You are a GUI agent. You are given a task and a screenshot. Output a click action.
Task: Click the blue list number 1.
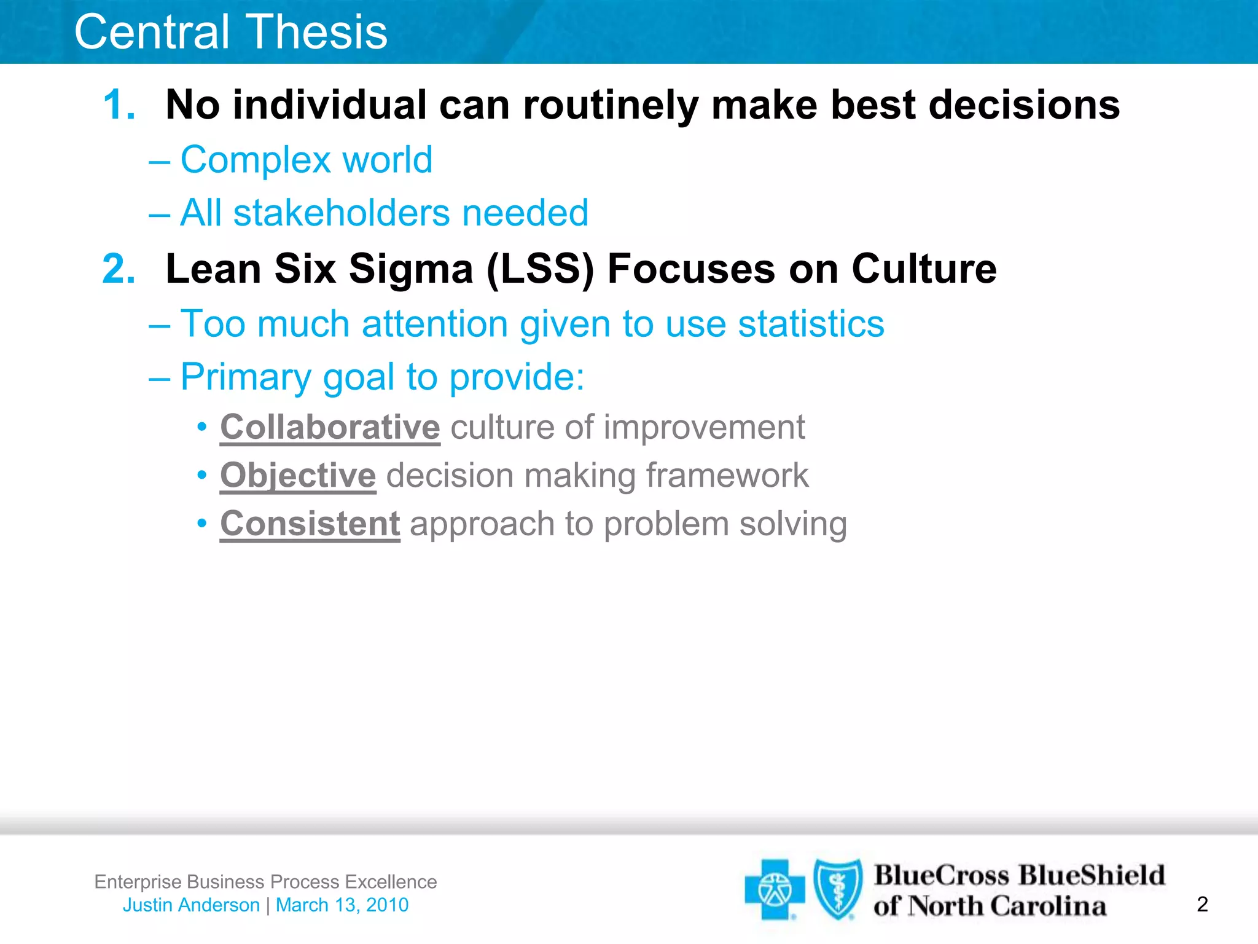[119, 104]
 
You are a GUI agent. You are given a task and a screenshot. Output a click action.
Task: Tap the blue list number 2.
[119, 269]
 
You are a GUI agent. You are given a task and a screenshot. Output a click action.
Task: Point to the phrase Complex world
[306, 160]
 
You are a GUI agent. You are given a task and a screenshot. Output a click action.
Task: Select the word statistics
[811, 324]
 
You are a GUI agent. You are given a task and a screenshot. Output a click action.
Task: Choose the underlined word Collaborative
[330, 427]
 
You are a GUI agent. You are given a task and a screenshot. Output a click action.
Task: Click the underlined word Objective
[298, 476]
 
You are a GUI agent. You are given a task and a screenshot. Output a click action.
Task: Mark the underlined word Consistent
[310, 524]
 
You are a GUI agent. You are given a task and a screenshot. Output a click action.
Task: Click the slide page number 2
[1202, 904]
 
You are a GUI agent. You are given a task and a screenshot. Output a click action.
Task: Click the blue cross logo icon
[774, 889]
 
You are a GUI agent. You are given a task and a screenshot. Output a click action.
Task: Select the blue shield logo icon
[837, 889]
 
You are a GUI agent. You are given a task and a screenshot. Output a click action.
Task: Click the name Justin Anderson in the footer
[191, 905]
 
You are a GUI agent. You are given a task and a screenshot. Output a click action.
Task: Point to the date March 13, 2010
[342, 905]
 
